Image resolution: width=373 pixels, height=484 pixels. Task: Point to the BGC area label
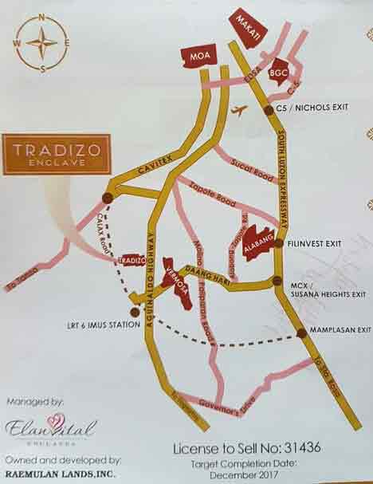tap(278, 72)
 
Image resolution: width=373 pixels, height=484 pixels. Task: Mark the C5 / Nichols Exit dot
tap(269, 110)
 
